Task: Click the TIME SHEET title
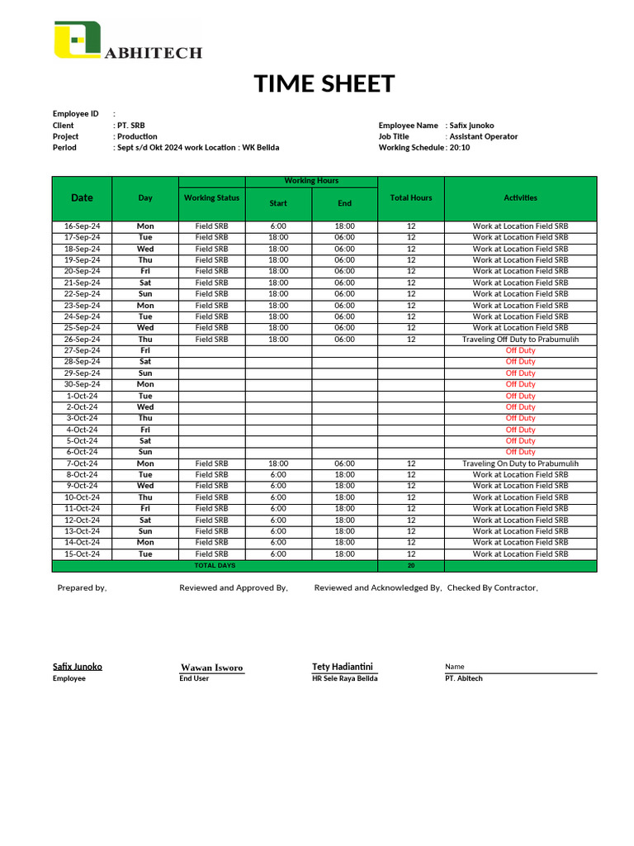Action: (324, 84)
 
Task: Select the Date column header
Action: (82, 198)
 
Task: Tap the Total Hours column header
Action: (410, 198)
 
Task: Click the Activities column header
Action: (520, 198)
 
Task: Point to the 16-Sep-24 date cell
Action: (82, 226)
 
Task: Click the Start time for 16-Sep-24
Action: (278, 226)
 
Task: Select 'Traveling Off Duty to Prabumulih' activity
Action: (520, 340)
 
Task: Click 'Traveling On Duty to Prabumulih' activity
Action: (520, 464)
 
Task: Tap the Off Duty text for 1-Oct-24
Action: (520, 396)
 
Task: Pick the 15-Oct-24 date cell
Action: (82, 554)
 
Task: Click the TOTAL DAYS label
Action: (215, 566)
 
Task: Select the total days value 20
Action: (410, 566)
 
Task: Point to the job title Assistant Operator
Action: (484, 136)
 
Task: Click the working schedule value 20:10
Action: (460, 148)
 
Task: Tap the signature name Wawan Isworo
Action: (211, 668)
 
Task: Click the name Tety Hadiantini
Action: (343, 667)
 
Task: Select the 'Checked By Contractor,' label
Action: (493, 588)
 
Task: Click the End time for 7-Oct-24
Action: (344, 464)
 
